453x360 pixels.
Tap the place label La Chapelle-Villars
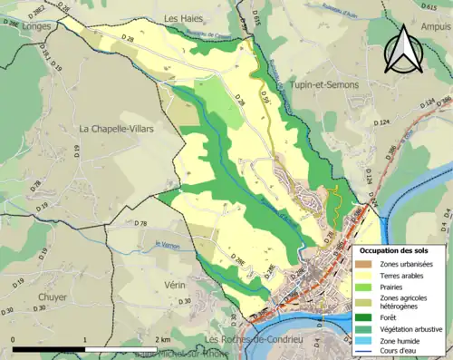(x=117, y=130)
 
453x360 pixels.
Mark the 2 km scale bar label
(x=163, y=339)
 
